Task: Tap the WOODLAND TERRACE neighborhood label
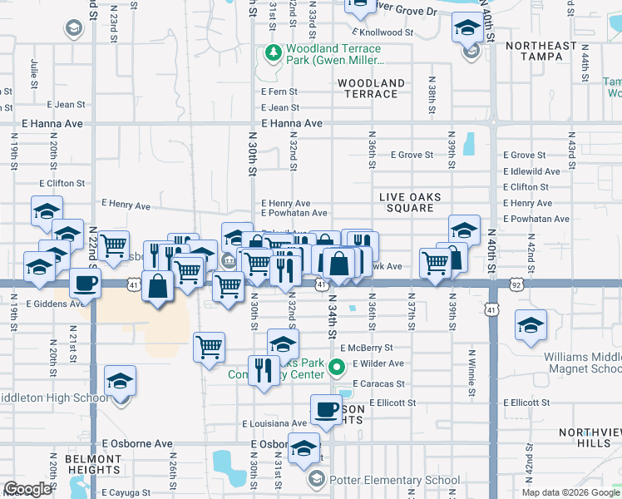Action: [x=371, y=88]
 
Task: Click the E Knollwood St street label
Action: [x=382, y=32]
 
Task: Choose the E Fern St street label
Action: [x=279, y=91]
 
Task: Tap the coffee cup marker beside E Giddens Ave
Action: [x=85, y=283]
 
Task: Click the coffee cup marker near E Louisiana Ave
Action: [x=326, y=409]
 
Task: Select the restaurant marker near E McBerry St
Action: [x=264, y=370]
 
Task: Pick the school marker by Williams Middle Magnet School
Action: [x=530, y=325]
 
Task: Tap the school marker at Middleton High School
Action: [x=121, y=381]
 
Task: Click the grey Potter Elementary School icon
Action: [x=316, y=480]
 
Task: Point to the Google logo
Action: [x=27, y=489]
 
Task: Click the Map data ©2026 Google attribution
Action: [x=570, y=492]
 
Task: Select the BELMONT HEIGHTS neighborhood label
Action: [x=92, y=464]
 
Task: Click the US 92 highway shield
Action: [x=516, y=285]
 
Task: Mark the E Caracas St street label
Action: [x=378, y=384]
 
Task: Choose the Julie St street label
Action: [x=35, y=72]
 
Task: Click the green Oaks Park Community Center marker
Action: [x=337, y=366]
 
